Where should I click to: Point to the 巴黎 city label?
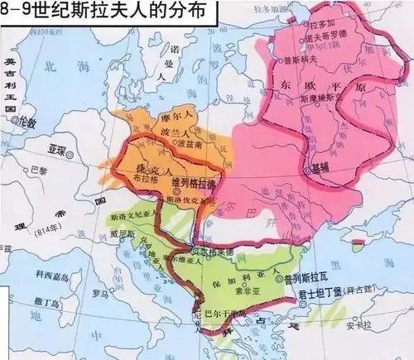point(39,170)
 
